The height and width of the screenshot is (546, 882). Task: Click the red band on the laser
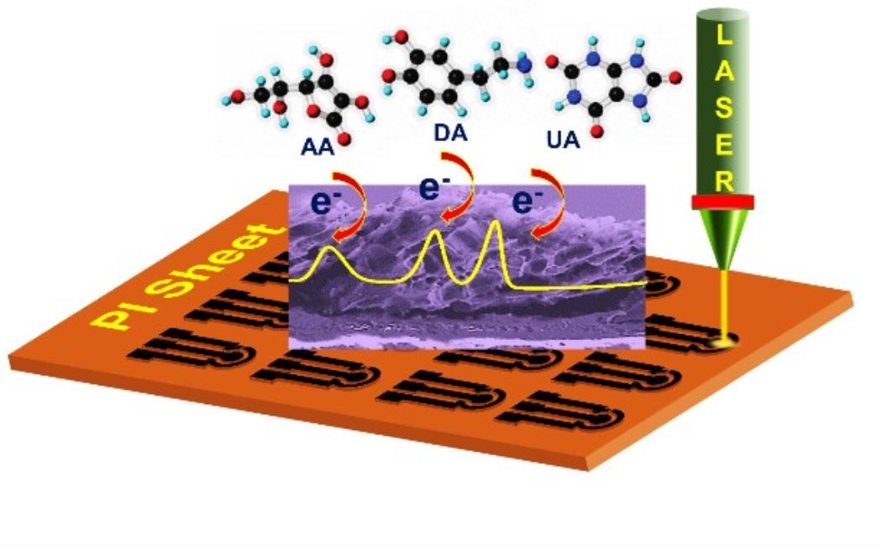tap(723, 202)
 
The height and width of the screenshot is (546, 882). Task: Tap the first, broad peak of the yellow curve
tap(330, 249)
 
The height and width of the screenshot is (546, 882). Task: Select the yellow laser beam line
tap(723, 302)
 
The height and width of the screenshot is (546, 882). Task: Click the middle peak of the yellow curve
tap(435, 233)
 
